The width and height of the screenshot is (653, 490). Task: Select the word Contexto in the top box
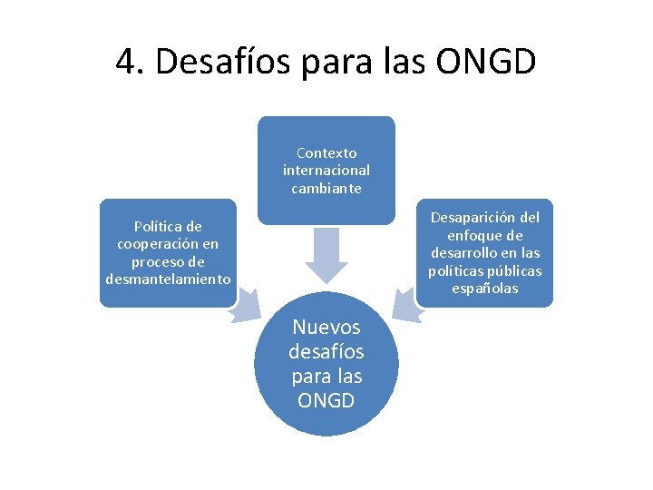pos(326,153)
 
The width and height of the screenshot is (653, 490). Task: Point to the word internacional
pos(326,171)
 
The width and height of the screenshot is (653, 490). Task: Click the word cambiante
pos(326,189)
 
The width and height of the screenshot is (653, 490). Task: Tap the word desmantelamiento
pos(168,279)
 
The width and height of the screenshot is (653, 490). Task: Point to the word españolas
pos(485,289)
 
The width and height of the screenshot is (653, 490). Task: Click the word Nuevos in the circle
pos(326,328)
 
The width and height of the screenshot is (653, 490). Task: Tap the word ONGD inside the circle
pos(326,399)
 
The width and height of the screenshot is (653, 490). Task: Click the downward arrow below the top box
pos(326,255)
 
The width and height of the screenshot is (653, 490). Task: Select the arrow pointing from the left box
pos(244,306)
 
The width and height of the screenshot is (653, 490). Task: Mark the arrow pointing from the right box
pos(409,306)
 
